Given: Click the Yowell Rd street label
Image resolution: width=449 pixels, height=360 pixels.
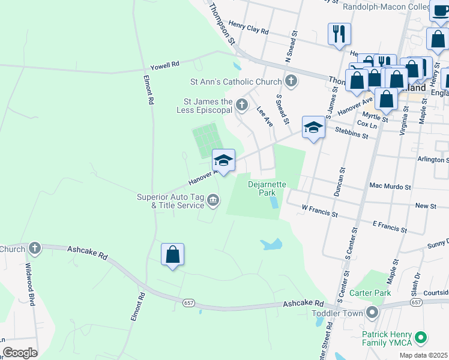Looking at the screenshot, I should (x=165, y=64).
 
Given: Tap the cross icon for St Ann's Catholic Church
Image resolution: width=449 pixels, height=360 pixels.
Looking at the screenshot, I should (x=291, y=81).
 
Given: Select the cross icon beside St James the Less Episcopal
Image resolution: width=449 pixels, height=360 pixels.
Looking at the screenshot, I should (x=241, y=106).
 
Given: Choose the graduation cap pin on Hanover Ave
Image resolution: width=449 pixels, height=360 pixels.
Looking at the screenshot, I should (x=223, y=161).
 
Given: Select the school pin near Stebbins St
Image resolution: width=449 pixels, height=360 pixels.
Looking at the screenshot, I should (x=313, y=127).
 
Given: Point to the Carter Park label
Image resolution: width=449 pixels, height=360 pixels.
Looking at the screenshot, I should (x=370, y=293).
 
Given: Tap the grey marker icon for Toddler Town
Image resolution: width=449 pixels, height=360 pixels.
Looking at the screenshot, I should (x=372, y=313).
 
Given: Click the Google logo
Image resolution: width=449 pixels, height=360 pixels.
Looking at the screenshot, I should (x=20, y=352).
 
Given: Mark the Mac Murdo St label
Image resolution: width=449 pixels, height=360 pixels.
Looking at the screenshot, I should (x=390, y=187).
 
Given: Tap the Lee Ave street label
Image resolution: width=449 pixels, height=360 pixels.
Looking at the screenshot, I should (x=265, y=116).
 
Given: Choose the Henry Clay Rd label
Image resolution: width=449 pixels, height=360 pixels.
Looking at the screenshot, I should (x=249, y=28).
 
